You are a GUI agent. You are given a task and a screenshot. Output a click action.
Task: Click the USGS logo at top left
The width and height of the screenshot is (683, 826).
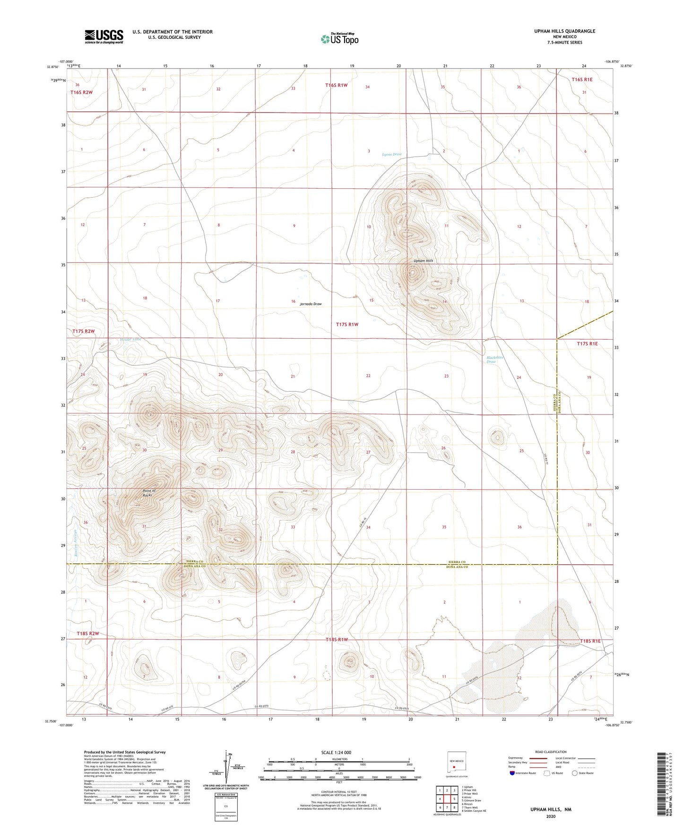point(104,36)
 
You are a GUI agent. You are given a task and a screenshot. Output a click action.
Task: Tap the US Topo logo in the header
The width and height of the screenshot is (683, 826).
point(339,39)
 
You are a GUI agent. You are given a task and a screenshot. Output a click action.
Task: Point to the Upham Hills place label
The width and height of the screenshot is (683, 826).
point(423,261)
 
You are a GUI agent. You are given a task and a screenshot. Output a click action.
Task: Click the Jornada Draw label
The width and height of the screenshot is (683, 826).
point(311,304)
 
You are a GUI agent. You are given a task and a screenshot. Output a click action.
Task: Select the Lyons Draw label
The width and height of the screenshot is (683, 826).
point(392,154)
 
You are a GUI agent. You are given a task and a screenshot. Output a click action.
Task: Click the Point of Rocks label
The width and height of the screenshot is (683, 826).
point(149,493)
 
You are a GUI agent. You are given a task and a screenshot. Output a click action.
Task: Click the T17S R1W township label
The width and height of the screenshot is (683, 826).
point(347,325)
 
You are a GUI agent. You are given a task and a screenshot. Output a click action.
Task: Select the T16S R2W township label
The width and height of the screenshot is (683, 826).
point(82,92)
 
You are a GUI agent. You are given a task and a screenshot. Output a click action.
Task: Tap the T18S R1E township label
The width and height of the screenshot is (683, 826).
point(590,641)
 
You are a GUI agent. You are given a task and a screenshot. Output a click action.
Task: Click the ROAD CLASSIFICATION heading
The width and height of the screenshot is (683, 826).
point(551,752)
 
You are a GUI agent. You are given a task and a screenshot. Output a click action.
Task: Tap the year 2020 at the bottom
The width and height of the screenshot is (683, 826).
point(551,816)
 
